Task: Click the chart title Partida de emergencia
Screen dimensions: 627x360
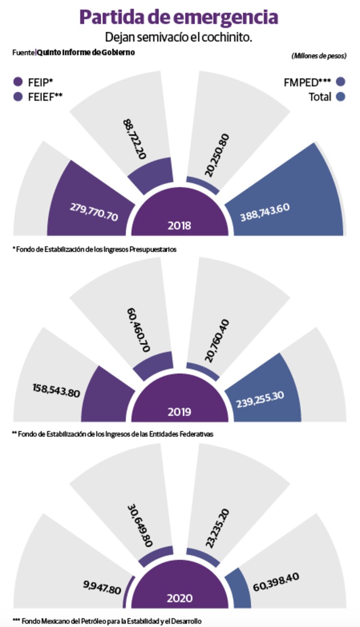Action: coord(179,17)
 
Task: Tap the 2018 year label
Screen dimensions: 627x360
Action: coord(180,225)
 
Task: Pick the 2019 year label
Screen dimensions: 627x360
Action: coord(180,412)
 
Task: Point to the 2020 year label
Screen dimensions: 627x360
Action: coord(180,598)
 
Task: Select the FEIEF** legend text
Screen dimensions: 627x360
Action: coord(46,96)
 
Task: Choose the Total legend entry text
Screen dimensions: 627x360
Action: coord(320,97)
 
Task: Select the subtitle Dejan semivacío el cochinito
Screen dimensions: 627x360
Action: coord(179,37)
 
